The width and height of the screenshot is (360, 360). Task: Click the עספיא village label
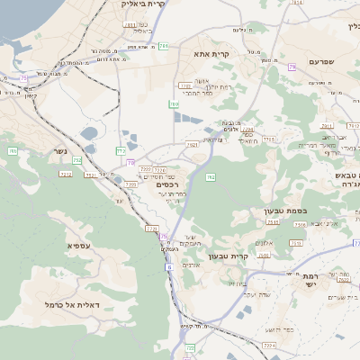pyautogui.click(x=79, y=245)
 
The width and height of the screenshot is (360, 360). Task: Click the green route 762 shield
pyautogui.click(x=211, y=177)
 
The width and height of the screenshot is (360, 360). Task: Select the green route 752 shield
pyautogui.click(x=77, y=160)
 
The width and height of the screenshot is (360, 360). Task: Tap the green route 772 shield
pyautogui.click(x=120, y=150)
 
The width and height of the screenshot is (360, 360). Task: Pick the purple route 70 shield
pyautogui.click(x=130, y=163)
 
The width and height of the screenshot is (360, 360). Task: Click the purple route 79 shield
pyautogui.click(x=292, y=67)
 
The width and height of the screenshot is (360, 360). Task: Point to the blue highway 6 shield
pyautogui.click(x=168, y=267)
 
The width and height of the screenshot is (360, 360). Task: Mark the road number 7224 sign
pyautogui.click(x=268, y=344)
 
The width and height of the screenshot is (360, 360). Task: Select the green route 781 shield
pyautogui.click(x=163, y=46)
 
